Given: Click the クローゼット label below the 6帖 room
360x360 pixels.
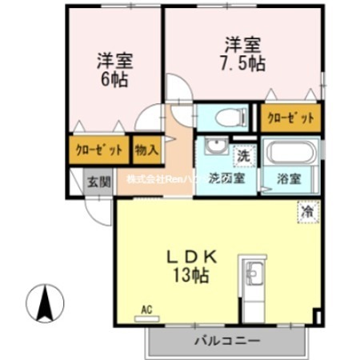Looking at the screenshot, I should click(100, 150).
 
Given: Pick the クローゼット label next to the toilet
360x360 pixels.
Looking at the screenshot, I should click(291, 118).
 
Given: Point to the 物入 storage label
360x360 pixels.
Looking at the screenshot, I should click(146, 149).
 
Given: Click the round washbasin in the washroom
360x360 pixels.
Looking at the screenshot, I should click(214, 149).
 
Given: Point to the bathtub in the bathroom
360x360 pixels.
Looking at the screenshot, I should click(293, 152).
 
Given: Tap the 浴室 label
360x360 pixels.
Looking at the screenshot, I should click(293, 178).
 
